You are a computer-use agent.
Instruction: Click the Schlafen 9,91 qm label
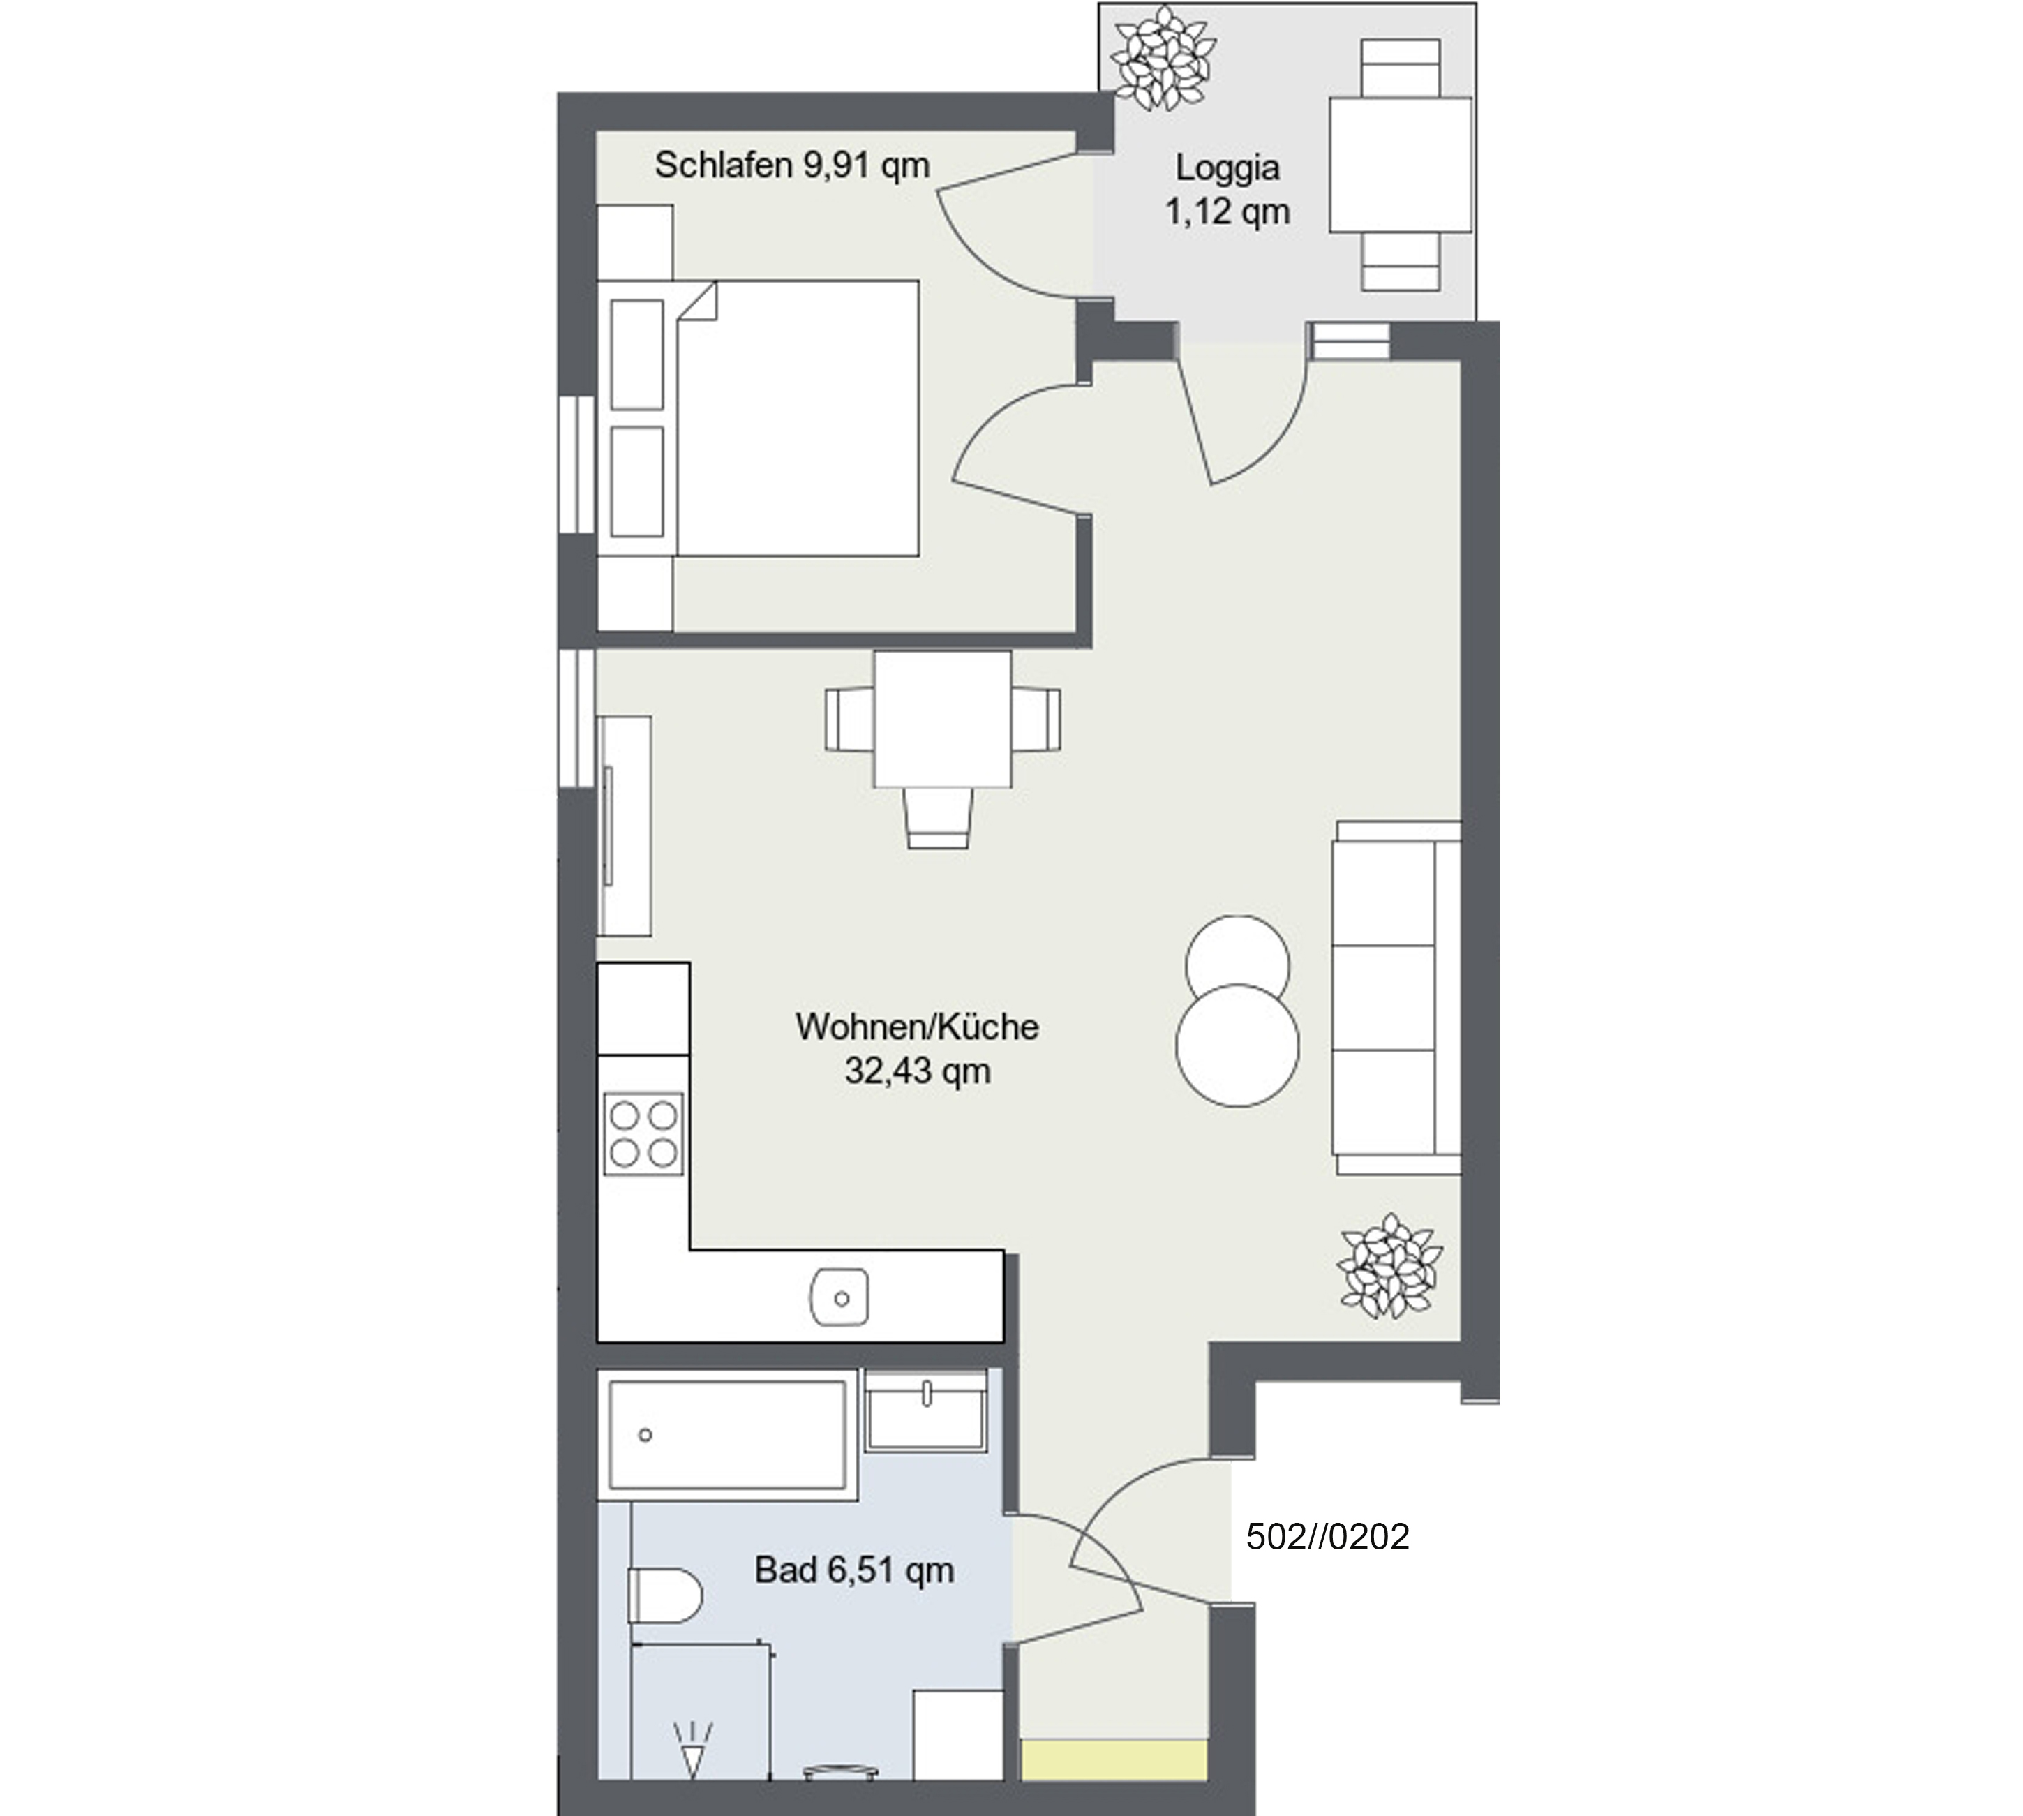click(792, 165)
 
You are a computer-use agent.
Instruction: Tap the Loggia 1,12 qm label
click(1227, 190)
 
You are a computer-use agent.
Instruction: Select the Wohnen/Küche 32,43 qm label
click(917, 1049)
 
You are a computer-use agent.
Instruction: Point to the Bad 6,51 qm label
click(854, 1570)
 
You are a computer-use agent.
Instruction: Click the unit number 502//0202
click(1328, 1537)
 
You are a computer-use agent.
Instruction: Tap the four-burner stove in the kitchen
click(643, 1133)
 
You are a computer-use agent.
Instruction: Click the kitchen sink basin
click(840, 1298)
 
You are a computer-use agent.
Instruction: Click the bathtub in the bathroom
click(727, 1436)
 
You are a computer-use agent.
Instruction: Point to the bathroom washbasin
click(926, 1409)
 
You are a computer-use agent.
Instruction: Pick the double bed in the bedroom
click(758, 418)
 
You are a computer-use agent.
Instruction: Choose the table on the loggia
click(1401, 165)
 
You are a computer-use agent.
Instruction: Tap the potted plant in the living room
click(1389, 1265)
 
